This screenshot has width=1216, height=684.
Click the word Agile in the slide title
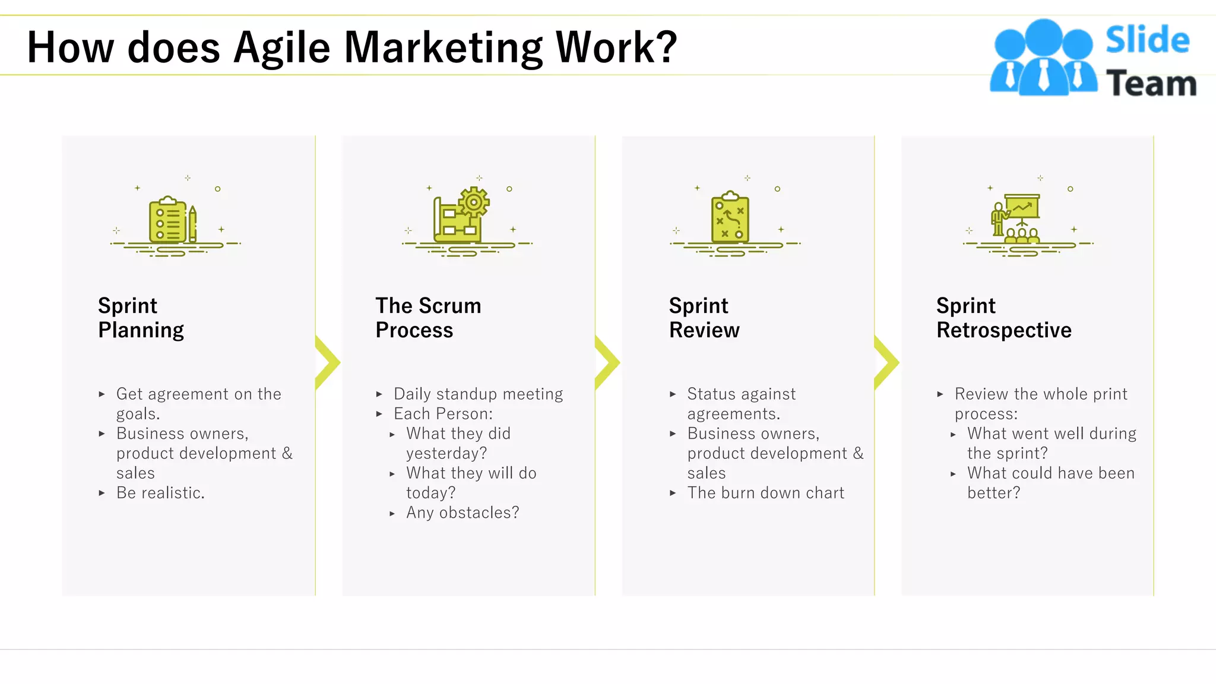click(281, 47)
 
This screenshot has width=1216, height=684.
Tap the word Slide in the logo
click(1147, 40)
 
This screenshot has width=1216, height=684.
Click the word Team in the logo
click(1151, 83)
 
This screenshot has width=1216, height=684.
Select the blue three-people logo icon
click(1043, 58)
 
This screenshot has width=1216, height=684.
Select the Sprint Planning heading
click(141, 318)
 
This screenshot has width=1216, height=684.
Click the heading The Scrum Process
click(428, 318)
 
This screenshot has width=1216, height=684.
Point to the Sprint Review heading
click(704, 318)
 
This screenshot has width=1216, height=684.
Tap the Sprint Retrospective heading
click(1003, 318)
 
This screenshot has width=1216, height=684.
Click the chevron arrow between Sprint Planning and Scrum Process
click(327, 362)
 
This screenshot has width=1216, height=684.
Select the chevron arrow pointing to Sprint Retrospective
click(886, 362)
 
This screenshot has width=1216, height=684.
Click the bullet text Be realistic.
click(160, 493)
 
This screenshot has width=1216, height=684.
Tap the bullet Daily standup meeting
click(478, 394)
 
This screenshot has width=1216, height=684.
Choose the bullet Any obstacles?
click(463, 512)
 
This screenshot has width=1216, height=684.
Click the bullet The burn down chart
click(765, 493)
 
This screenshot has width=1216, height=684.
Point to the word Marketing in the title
click(443, 47)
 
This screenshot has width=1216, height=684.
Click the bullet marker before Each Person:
click(379, 414)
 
